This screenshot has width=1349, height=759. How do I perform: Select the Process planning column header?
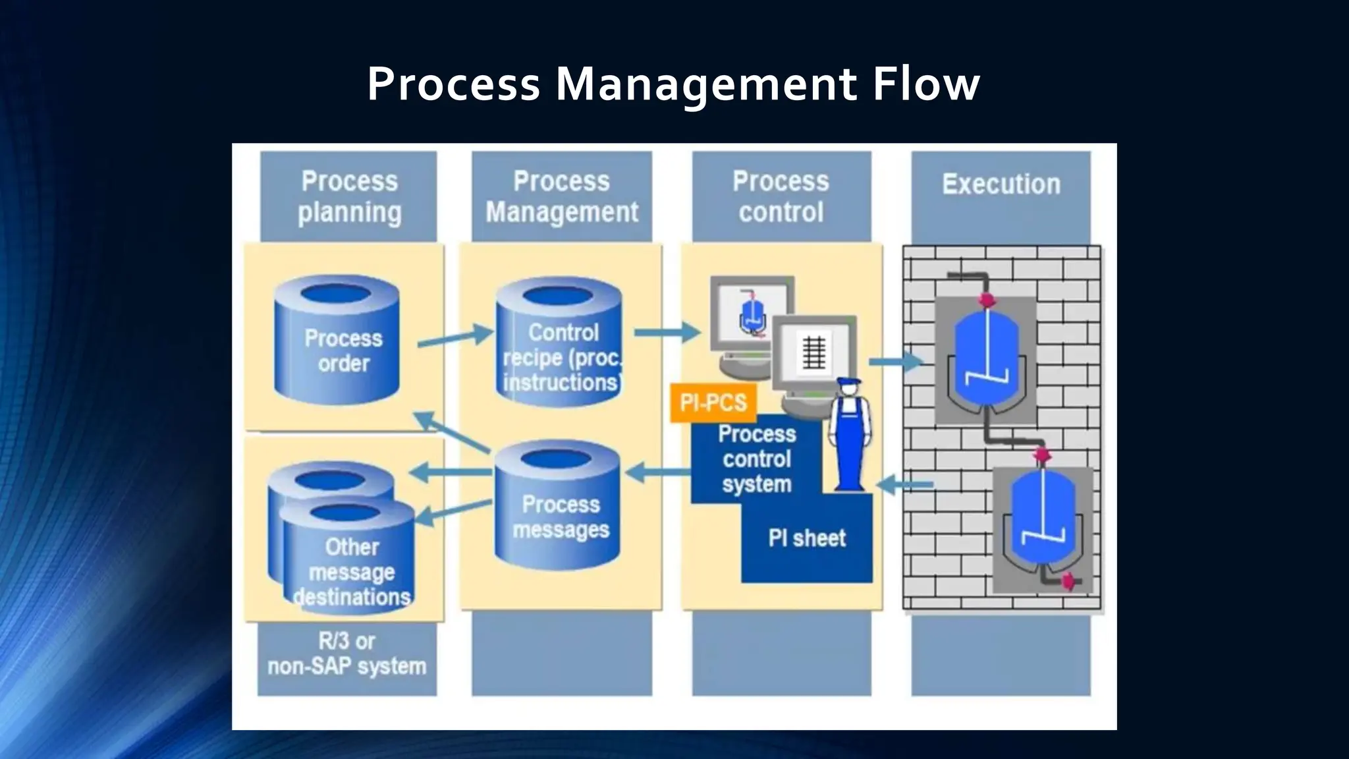(x=349, y=196)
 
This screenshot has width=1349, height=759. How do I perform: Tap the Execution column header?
(x=1001, y=185)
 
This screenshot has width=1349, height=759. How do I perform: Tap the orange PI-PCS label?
(x=713, y=402)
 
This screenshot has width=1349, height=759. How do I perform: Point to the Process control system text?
(x=756, y=459)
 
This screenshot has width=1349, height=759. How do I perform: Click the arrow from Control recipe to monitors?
(x=667, y=332)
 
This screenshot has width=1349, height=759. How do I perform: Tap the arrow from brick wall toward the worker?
(x=905, y=485)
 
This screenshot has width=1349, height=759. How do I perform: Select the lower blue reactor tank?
(x=1043, y=520)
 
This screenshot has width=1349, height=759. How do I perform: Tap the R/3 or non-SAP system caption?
(x=347, y=654)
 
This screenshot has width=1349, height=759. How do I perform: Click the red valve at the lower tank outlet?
(x=1071, y=581)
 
